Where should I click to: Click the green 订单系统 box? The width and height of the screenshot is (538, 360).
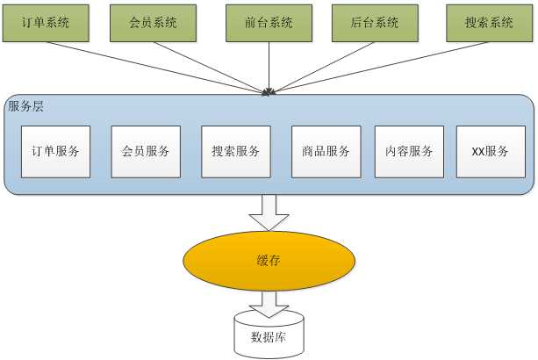[46, 23]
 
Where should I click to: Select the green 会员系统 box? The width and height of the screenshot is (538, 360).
[153, 23]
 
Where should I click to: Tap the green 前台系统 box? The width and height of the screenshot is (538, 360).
[269, 23]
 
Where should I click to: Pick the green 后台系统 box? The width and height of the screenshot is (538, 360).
[375, 23]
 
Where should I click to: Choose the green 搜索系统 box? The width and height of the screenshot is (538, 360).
[489, 23]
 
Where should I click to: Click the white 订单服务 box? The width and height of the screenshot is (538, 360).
[55, 152]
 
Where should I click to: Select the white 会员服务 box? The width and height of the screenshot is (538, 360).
[146, 152]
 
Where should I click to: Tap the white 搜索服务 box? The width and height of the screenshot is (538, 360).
[236, 152]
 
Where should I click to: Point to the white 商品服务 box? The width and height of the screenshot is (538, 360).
[326, 152]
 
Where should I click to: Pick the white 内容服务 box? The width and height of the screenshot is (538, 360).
[409, 152]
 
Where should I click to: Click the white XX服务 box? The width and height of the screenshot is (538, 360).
[491, 152]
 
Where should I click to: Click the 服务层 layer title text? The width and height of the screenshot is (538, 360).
[25, 106]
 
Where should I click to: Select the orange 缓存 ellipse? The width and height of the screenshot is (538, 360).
[269, 261]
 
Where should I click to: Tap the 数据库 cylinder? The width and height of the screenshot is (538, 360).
[269, 335]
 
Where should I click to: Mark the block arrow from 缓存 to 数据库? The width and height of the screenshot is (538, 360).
[269, 304]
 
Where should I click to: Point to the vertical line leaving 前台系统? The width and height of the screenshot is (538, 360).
[269, 68]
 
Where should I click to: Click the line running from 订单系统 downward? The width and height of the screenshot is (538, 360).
[156, 68]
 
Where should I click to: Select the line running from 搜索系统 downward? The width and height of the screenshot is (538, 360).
[380, 68]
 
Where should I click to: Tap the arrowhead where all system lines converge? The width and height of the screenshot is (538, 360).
[269, 92]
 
